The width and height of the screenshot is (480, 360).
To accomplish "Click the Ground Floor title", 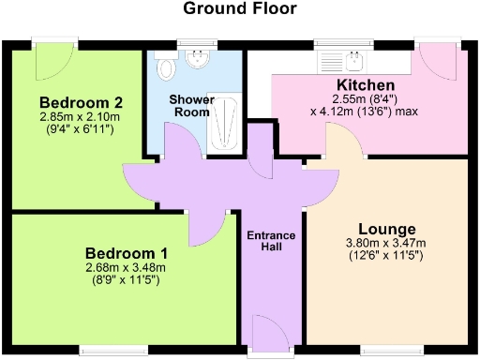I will (239, 9).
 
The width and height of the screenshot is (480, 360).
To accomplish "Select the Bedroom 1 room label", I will (127, 253).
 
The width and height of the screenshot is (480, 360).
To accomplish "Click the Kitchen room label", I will (356, 85).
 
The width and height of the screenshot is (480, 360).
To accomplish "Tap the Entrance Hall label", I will (272, 241).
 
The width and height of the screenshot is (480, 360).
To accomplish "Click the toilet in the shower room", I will (167, 67).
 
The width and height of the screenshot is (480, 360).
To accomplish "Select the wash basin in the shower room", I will (197, 60).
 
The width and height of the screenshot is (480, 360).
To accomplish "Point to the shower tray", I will (223, 121).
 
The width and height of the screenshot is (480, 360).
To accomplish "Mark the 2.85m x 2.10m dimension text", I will (80, 117).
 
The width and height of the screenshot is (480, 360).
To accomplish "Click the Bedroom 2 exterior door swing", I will (50, 61).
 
